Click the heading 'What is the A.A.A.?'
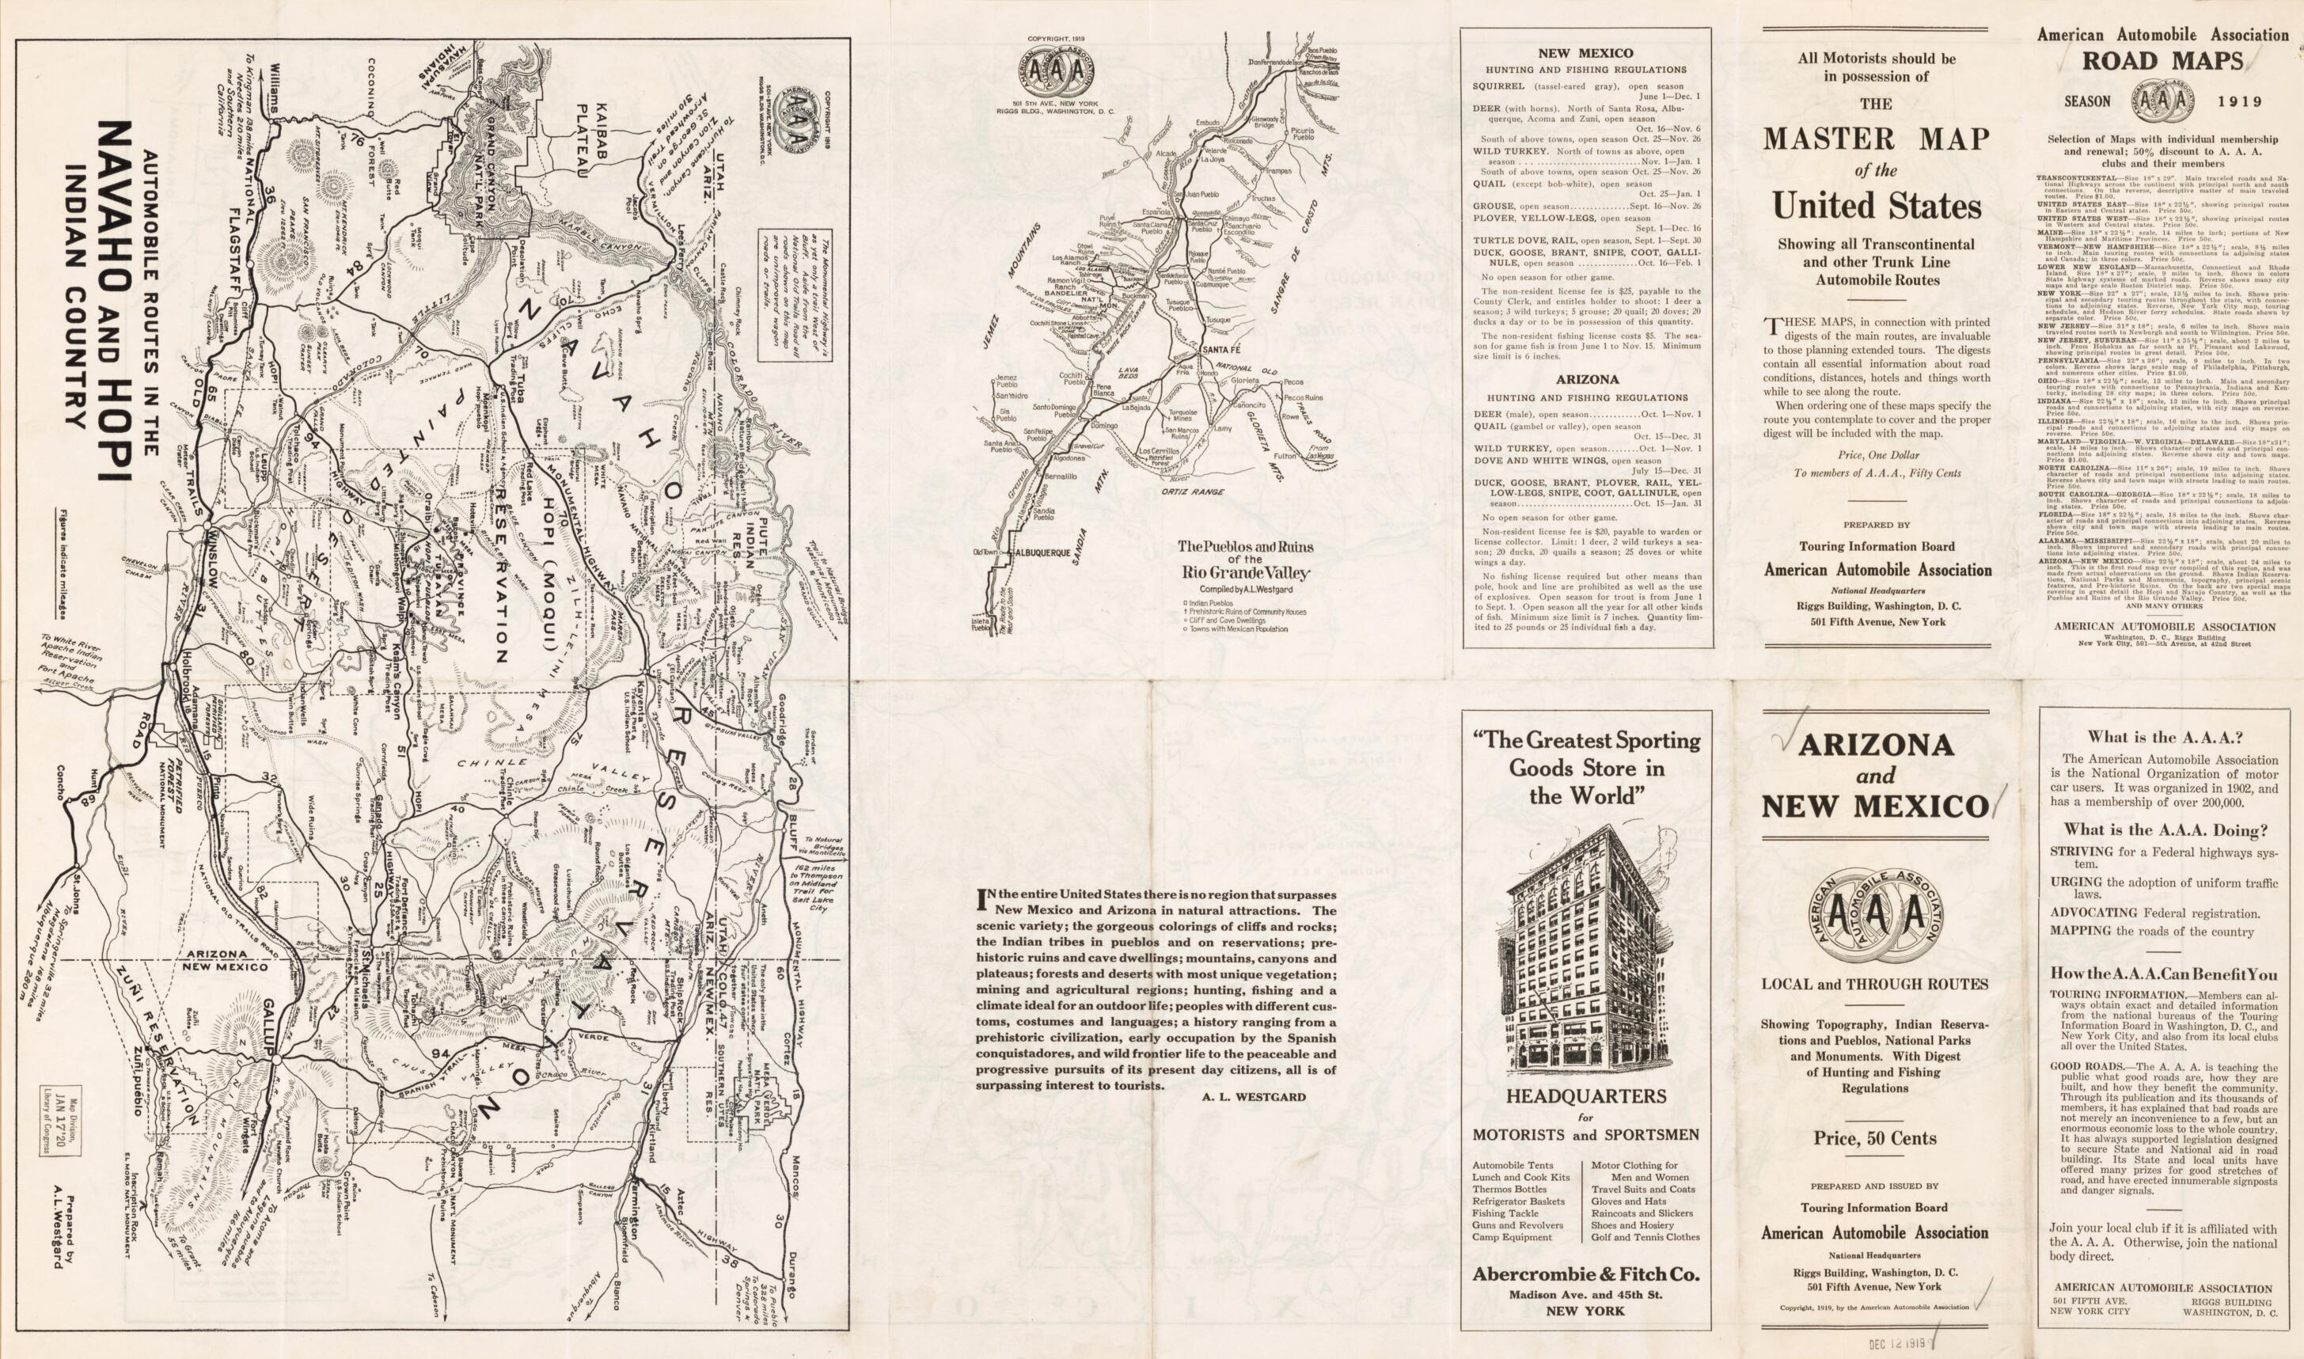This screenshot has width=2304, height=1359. (2163, 736)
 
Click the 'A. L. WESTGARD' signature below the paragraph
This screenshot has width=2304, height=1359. (1266, 1096)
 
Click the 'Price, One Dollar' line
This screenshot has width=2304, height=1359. (1876, 454)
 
